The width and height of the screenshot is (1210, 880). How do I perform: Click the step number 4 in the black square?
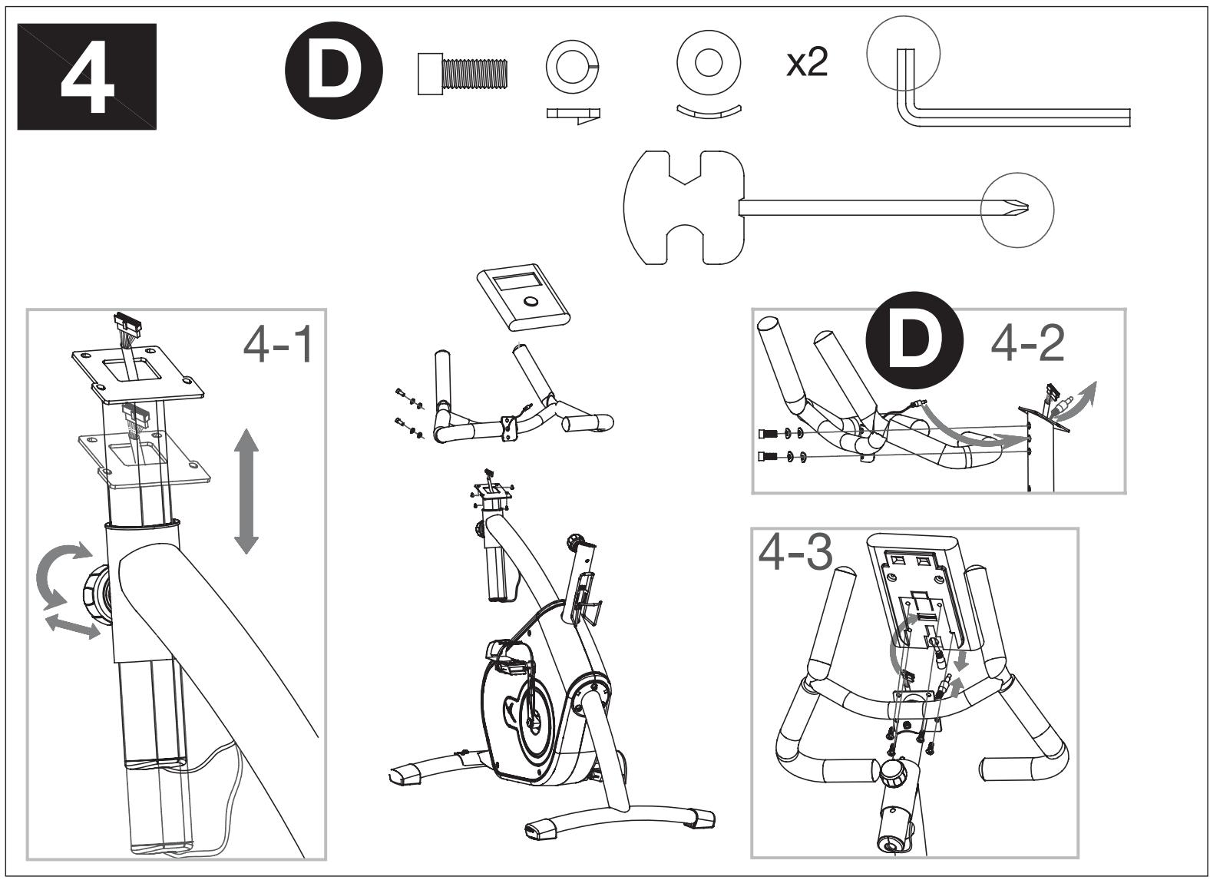[88, 76]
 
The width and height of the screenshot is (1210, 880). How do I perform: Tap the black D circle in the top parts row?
[334, 70]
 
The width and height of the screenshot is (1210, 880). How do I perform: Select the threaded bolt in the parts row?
[463, 74]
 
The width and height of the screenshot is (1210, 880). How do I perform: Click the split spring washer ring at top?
[573, 67]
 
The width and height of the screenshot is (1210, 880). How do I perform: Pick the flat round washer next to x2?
[709, 63]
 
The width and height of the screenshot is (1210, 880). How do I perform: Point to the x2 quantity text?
[807, 63]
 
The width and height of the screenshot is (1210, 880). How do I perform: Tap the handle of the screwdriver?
[684, 207]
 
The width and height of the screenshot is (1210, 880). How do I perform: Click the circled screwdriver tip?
[1017, 210]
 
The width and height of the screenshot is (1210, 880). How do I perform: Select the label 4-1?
[278, 346]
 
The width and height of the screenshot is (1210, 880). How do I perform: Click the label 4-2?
[1027, 343]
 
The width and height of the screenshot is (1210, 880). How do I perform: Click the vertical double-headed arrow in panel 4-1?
[246, 491]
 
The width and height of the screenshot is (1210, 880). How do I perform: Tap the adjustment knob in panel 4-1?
[98, 595]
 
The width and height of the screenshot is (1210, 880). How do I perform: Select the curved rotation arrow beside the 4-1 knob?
[60, 574]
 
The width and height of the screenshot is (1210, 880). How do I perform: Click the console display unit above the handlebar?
[524, 297]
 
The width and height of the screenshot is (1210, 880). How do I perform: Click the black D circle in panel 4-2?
[914, 340]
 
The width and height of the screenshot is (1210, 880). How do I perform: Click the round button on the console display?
[531, 301]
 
